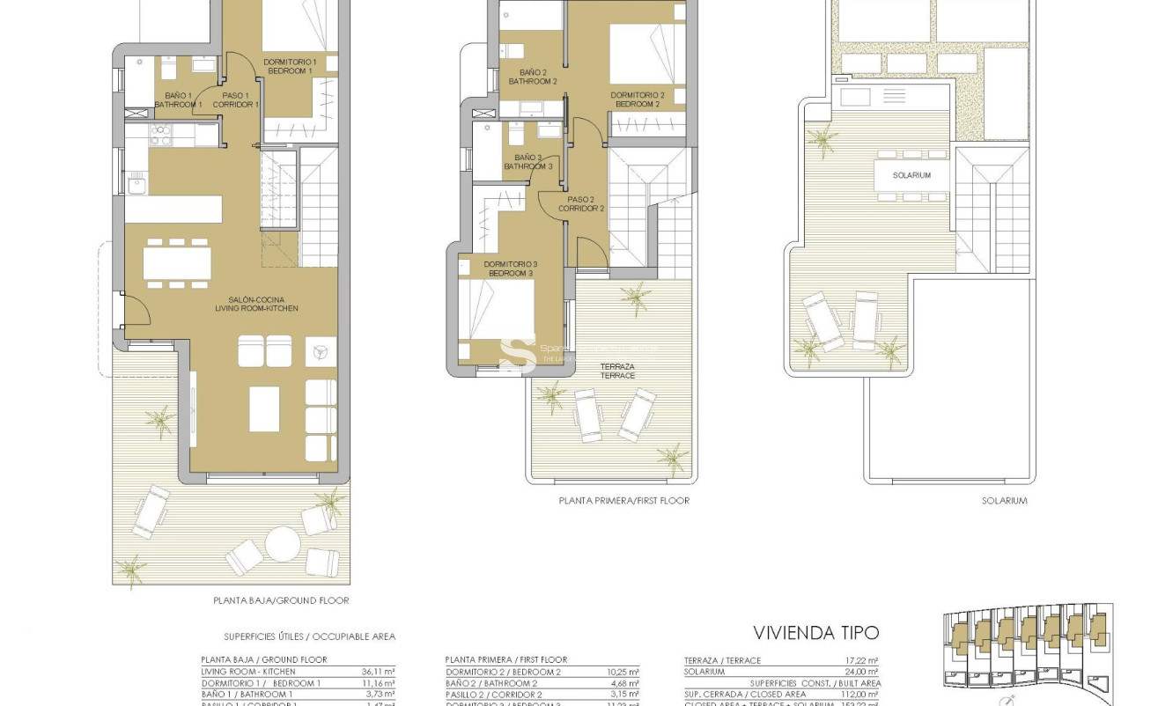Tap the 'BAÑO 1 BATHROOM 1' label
(178, 99)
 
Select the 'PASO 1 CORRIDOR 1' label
(235, 99)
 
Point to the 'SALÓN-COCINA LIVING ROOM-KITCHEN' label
(256, 304)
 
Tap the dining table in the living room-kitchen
(177, 262)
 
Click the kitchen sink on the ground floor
(136, 184)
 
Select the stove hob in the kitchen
(161, 135)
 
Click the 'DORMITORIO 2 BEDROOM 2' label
(637, 99)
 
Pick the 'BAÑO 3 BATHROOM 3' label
(528, 162)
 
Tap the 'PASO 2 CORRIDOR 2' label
(581, 204)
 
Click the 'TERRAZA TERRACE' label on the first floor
(616, 371)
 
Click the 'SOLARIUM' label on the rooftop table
(911, 175)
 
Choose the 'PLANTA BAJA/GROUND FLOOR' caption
(281, 600)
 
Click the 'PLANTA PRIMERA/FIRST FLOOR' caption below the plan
(623, 500)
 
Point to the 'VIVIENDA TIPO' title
(815, 633)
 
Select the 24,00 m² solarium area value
(860, 671)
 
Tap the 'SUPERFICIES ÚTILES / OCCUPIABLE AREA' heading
(309, 636)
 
